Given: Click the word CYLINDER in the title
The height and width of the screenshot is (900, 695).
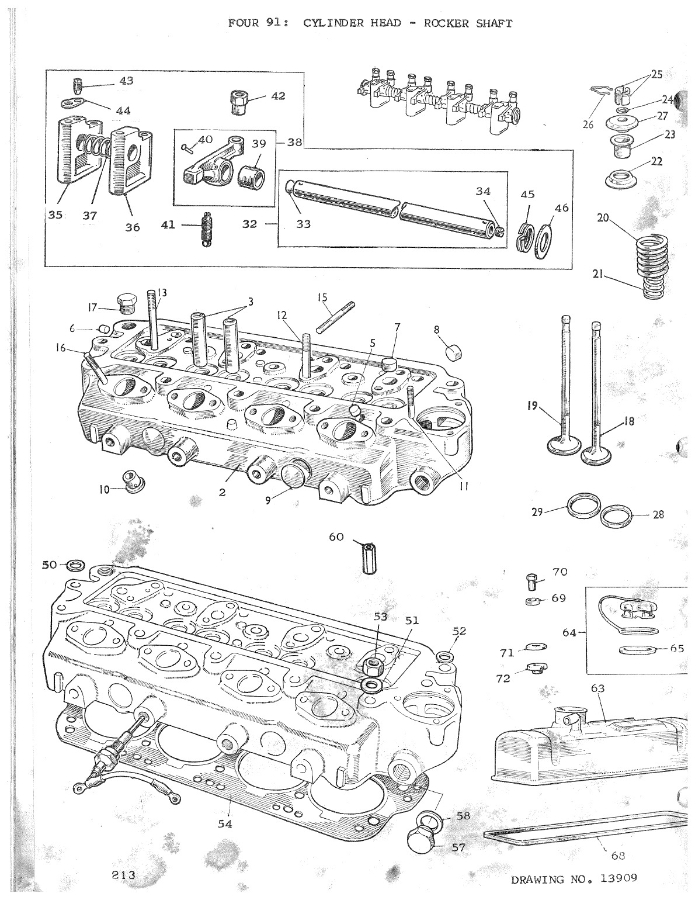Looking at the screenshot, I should coord(335,23).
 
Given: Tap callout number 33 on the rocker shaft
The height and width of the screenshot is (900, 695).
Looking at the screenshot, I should coord(303,223).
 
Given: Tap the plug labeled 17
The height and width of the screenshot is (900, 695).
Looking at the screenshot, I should coord(127,303).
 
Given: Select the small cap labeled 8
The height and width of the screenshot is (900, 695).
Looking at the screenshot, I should coord(453,352).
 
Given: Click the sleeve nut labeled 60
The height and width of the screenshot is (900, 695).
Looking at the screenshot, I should coord(367,558).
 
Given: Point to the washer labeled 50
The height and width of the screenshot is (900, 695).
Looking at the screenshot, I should coord(75,565).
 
